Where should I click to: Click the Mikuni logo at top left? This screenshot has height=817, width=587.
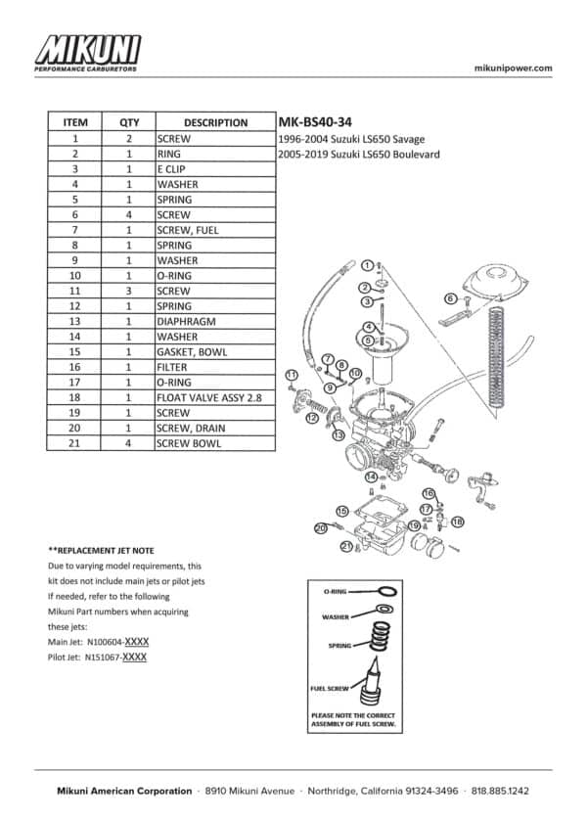[x=87, y=53]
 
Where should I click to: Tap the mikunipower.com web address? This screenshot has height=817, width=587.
[x=513, y=68]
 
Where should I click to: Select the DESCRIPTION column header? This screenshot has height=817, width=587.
[x=215, y=123]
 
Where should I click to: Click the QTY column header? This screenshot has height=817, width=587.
[x=129, y=123]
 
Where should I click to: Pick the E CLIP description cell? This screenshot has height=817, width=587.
[x=215, y=169]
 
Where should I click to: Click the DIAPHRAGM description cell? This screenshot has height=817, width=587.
[x=215, y=322]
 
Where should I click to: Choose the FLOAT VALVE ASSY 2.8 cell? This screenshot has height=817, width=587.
[x=215, y=397]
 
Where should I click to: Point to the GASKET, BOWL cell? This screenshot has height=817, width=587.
[x=215, y=351]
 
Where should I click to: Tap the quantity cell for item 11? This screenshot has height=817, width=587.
[x=128, y=292]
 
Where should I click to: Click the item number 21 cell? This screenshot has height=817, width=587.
[x=74, y=443]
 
